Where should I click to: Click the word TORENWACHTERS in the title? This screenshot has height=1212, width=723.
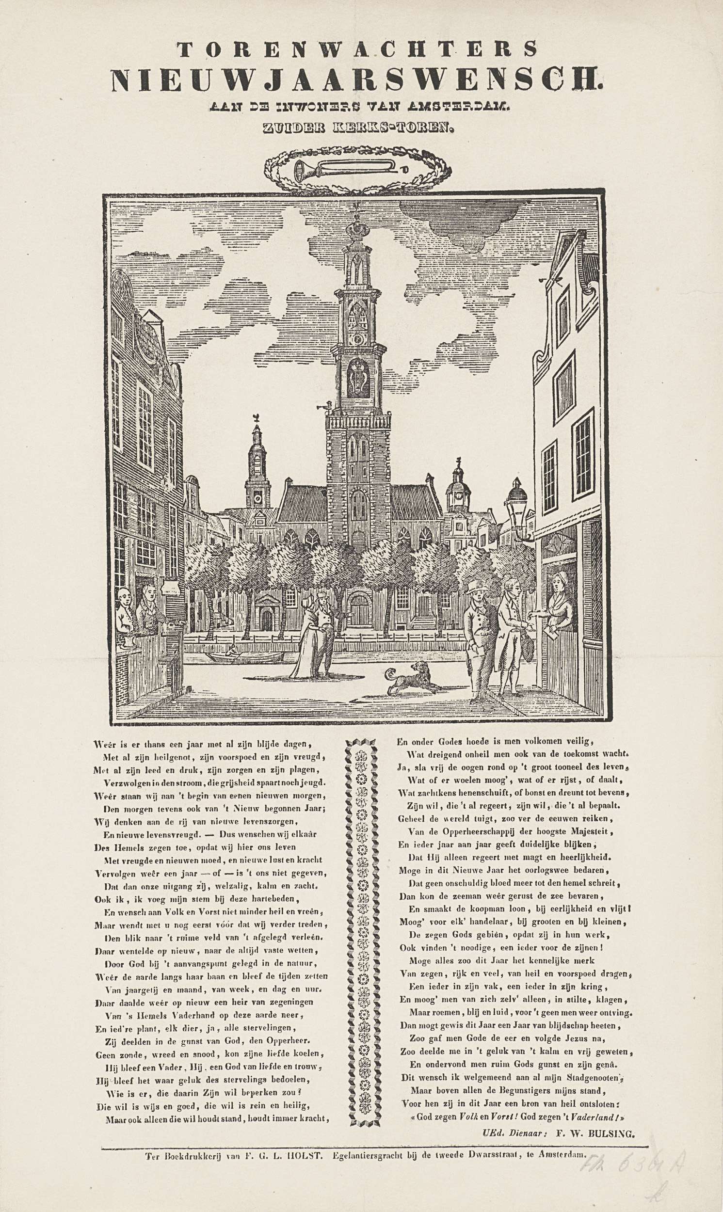[x=357, y=49]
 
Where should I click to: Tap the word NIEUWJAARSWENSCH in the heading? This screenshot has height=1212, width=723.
[x=357, y=80]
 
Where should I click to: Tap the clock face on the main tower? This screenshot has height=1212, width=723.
[x=359, y=338]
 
